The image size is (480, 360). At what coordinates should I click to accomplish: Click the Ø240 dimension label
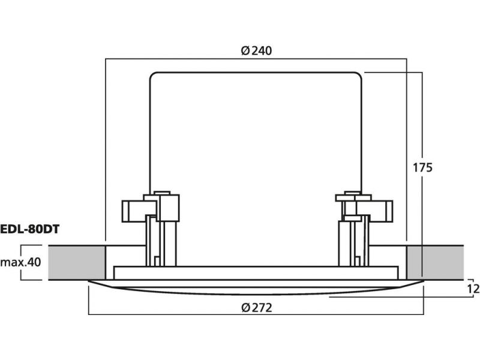(x=256, y=50)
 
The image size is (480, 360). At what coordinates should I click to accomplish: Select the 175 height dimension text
(x=422, y=168)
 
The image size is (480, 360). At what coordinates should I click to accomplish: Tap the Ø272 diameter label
(x=257, y=307)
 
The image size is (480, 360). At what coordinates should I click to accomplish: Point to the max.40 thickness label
(x=20, y=262)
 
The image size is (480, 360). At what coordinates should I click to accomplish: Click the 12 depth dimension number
(x=473, y=289)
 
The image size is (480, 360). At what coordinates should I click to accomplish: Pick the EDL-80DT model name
(x=29, y=229)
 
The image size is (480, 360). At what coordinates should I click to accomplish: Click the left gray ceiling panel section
(x=77, y=263)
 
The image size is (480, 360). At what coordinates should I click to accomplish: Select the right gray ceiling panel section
(x=435, y=263)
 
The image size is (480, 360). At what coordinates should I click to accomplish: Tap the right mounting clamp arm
(x=374, y=211)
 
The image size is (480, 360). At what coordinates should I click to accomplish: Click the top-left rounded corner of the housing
(x=152, y=74)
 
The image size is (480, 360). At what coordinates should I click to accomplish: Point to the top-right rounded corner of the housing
(x=359, y=74)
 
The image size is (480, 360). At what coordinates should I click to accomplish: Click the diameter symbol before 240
(x=245, y=50)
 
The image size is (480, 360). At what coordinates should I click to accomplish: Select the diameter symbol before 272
(x=246, y=307)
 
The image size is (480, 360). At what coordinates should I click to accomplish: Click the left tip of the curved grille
(x=88, y=281)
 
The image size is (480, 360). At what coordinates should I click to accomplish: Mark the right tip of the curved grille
(x=424, y=281)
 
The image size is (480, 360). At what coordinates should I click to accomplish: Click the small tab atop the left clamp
(x=162, y=193)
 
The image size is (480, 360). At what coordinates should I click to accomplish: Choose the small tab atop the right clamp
(x=352, y=193)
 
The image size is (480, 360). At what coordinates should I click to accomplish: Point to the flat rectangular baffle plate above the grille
(x=256, y=273)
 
